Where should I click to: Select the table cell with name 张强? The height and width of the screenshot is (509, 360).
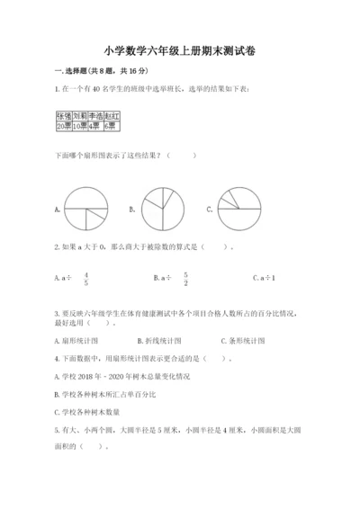[x=64, y=117]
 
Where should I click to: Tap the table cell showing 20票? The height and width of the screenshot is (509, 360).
[x=64, y=127]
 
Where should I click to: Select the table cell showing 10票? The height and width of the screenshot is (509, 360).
[x=80, y=127]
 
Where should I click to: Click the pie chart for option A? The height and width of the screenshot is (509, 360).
[x=86, y=210]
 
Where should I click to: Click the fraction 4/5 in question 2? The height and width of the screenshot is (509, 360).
[x=86, y=279]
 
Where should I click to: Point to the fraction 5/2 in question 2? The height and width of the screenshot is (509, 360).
[x=184, y=279]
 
